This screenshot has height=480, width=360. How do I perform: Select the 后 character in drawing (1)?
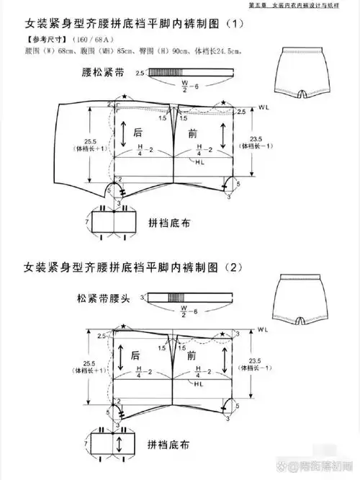(139, 132)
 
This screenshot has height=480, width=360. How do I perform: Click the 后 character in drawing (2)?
(135, 355)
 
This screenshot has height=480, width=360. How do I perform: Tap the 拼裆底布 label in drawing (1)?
(172, 221)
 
